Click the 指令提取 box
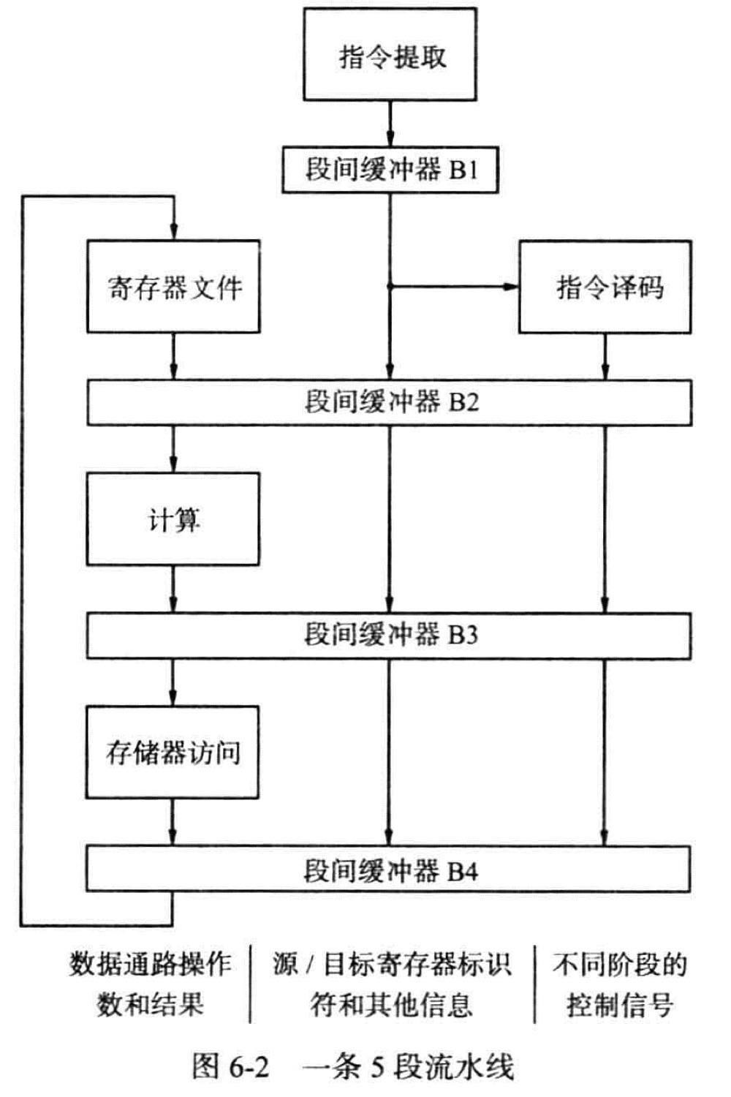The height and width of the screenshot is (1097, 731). (390, 54)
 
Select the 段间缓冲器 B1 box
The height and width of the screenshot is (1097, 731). (390, 170)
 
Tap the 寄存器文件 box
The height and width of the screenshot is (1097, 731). (173, 287)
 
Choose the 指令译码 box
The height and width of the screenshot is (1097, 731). (605, 287)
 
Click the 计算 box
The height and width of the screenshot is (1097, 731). (173, 519)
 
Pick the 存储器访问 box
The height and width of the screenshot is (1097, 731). (173, 753)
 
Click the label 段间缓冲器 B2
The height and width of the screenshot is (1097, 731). (392, 402)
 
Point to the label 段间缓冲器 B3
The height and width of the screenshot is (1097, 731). (391, 635)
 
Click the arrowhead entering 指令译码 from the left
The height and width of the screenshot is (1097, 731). (512, 287)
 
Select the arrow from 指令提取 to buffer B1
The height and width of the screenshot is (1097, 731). (390, 124)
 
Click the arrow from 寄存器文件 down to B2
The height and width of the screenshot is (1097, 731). (173, 357)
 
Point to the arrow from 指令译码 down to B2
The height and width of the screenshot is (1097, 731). (605, 357)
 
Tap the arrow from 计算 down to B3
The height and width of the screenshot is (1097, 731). (173, 589)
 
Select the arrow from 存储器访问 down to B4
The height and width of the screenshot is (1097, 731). (173, 822)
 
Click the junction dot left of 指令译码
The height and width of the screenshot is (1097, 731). (390, 287)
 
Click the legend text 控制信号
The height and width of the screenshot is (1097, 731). (620, 1005)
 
